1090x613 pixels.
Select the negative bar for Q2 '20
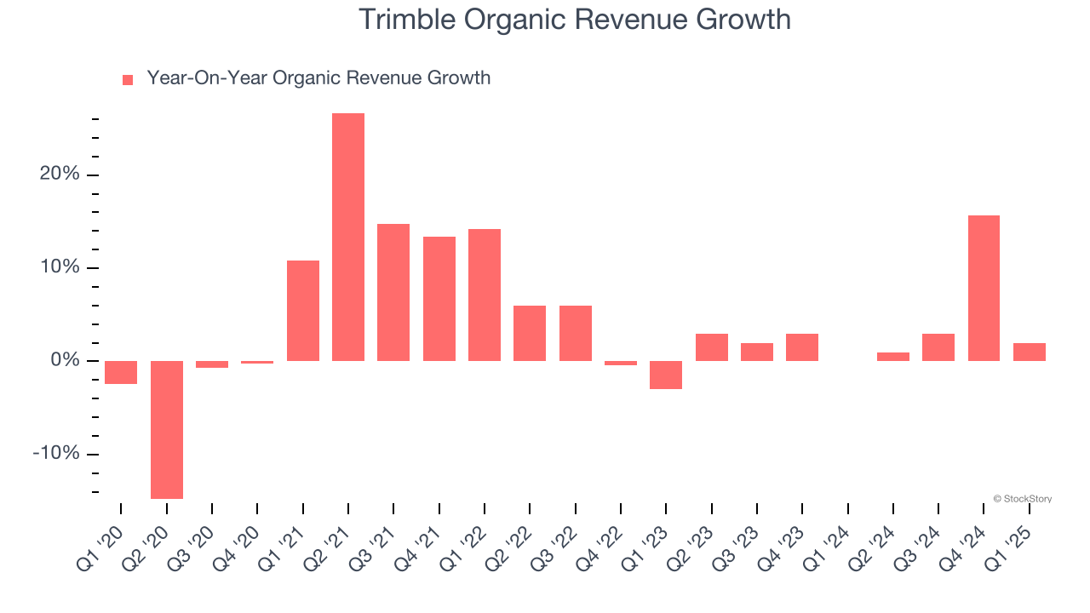[x=166, y=429]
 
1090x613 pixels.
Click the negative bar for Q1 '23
[x=666, y=375]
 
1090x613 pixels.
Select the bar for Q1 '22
[x=485, y=295]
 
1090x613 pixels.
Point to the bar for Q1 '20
[x=121, y=372]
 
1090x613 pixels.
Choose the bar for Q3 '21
[x=393, y=292]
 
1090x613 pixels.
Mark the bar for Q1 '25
[x=1029, y=352]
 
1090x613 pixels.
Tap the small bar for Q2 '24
[x=892, y=357]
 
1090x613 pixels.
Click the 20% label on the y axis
[x=59, y=175]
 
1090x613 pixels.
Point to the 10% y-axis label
[x=59, y=267]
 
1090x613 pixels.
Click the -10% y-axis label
[x=55, y=453]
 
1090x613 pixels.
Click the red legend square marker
[x=128, y=80]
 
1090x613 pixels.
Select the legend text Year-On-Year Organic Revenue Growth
[x=318, y=78]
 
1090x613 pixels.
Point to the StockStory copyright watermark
[x=1022, y=499]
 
